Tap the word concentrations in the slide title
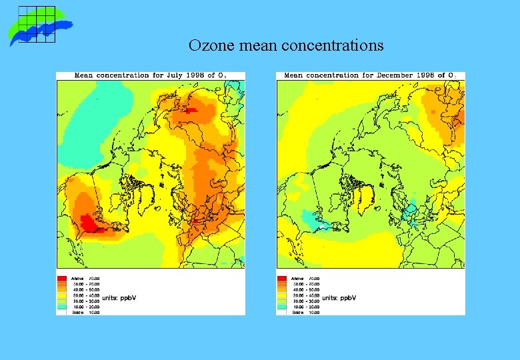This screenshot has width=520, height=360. coord(333,46)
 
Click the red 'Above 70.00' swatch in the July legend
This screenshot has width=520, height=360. coord(61,278)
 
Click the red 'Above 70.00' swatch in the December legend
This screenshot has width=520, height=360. coord(282,278)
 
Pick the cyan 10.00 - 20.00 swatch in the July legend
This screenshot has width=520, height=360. coord(61,306)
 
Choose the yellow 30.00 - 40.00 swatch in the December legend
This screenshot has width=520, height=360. coord(282,295)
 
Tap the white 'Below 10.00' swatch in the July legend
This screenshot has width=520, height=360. coord(61,311)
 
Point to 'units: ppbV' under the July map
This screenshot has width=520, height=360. coord(119,297)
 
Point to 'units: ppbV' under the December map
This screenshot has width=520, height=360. coord(339,297)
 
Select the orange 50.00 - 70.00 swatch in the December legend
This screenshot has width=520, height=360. coord(282,283)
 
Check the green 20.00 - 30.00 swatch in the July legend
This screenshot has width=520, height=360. coord(61,301)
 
